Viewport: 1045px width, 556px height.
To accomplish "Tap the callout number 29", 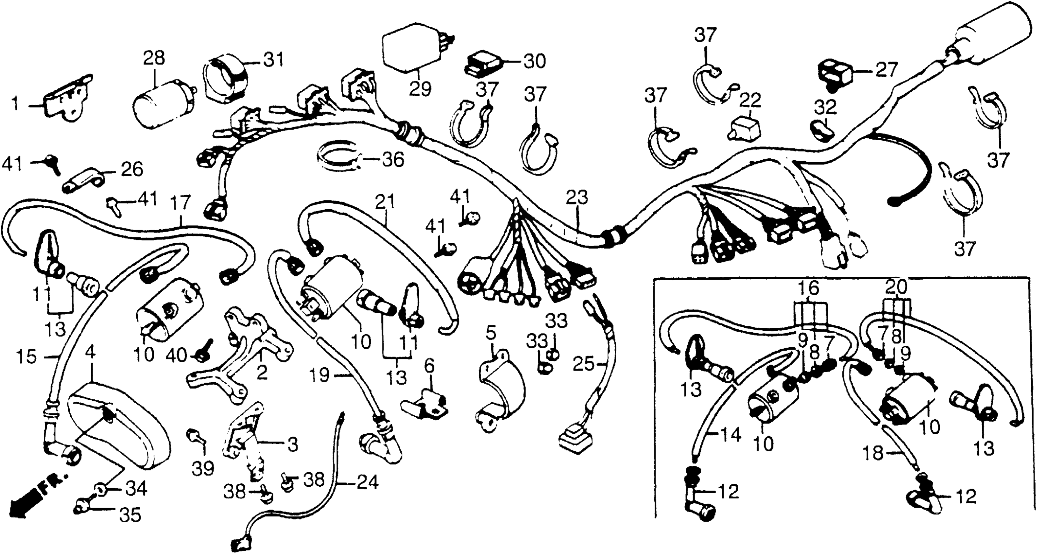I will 420,89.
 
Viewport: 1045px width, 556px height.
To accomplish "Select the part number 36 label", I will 392,160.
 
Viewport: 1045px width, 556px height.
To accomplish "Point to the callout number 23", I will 577,198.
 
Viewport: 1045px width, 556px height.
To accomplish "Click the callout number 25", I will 584,364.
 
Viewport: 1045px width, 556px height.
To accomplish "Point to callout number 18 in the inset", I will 877,453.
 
